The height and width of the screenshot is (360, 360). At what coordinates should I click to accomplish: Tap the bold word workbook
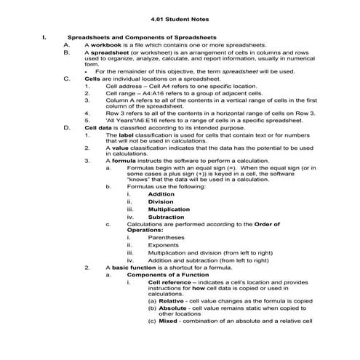pos(105,44)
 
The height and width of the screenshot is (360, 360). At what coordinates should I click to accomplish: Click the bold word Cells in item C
pos(92,79)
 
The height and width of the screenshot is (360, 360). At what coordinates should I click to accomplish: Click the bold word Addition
pos(161,195)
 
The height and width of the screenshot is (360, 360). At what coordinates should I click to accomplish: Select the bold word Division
pos(160,202)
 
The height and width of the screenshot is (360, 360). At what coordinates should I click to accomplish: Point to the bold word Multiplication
pos(169,209)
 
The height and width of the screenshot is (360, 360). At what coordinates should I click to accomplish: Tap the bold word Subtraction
pos(165,217)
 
